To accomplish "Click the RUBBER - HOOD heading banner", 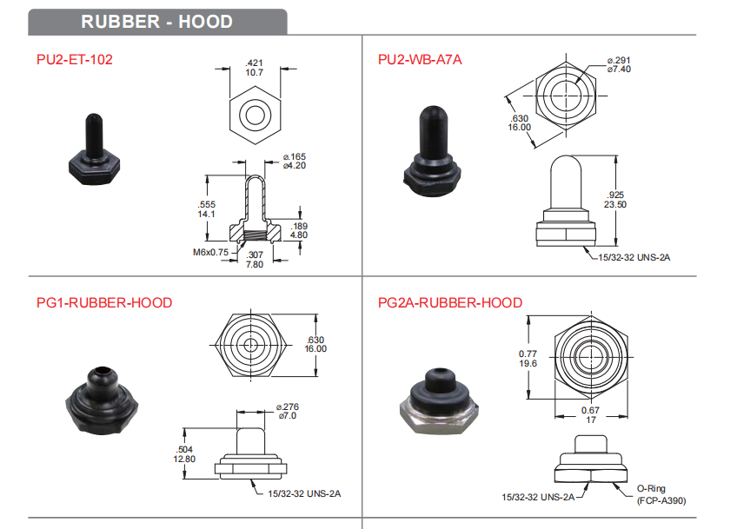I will click(156, 21).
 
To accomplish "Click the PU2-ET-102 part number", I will click(75, 60).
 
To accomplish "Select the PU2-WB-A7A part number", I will click(420, 60).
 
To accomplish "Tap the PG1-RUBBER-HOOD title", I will click(104, 303).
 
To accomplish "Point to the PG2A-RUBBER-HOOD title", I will click(450, 303).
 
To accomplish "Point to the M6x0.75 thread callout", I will click(209, 252).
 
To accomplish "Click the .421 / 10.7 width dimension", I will click(254, 69).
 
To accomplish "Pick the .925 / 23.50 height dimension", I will click(615, 200).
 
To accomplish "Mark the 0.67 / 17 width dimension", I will click(591, 415).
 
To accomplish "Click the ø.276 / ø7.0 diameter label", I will click(287, 411).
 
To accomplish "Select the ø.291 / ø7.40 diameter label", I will click(619, 63).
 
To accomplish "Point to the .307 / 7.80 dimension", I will click(256, 259).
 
